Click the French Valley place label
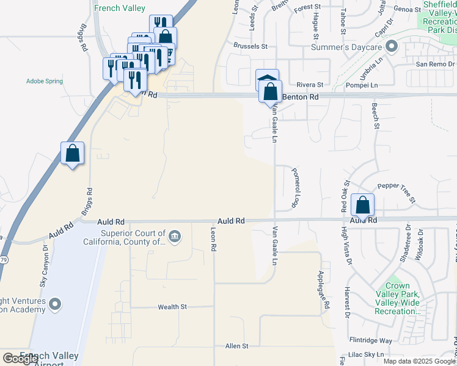[x=120, y=9]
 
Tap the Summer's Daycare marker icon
[x=392, y=46]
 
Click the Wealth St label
[x=172, y=307]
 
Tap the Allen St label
[x=236, y=346]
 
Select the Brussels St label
[x=250, y=46]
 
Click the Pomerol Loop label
[x=296, y=187]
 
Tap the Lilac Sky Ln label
[x=363, y=354]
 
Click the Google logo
[x=20, y=359]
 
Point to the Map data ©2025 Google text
[x=419, y=361]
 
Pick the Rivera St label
[x=309, y=85]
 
